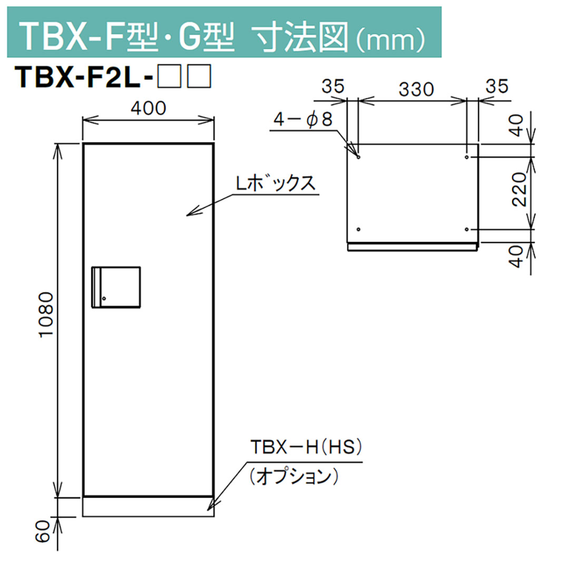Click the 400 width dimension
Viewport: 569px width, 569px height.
(148, 108)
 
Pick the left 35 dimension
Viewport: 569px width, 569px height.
(333, 85)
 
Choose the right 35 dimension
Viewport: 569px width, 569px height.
(495, 85)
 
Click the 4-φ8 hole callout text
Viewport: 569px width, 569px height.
(302, 121)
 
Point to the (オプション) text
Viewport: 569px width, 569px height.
(293, 477)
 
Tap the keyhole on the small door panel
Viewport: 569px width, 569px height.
(104, 300)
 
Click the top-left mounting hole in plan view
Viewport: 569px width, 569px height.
(358, 157)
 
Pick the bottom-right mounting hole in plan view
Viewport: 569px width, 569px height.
(467, 229)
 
